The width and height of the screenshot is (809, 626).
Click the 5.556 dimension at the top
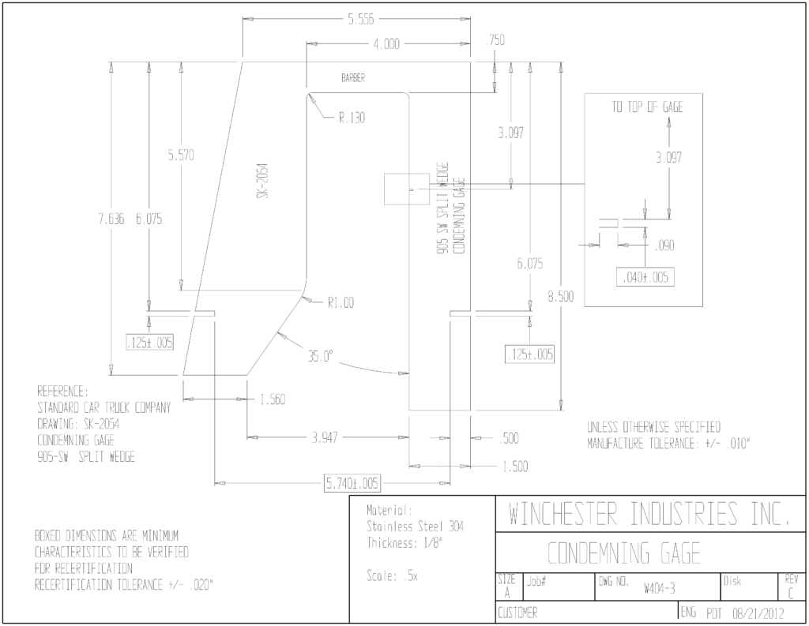pyautogui.click(x=360, y=20)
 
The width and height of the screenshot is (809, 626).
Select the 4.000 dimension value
pyautogui.click(x=386, y=44)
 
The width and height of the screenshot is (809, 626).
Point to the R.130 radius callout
pyautogui.click(x=352, y=118)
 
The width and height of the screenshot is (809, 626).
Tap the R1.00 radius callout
pyautogui.click(x=341, y=302)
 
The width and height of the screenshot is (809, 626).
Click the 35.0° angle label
pyautogui.click(x=321, y=356)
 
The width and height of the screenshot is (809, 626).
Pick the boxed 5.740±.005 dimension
pyautogui.click(x=352, y=484)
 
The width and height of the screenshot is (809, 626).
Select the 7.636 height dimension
pyautogui.click(x=111, y=219)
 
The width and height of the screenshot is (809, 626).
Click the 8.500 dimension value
pyautogui.click(x=561, y=297)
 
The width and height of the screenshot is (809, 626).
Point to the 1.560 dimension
pyautogui.click(x=273, y=399)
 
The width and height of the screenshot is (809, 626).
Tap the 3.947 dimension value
pyautogui.click(x=325, y=438)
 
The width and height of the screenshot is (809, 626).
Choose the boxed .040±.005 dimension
pyautogui.click(x=645, y=277)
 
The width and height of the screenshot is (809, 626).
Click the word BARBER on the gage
pyautogui.click(x=353, y=78)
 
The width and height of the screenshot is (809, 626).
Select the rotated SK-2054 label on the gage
pyautogui.click(x=264, y=181)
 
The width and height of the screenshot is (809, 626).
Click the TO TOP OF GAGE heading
pyautogui.click(x=648, y=107)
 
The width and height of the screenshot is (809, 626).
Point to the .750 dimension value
pyautogui.click(x=495, y=40)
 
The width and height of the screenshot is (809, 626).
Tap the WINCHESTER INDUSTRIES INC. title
pyautogui.click(x=649, y=514)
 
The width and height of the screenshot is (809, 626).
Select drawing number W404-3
pyautogui.click(x=659, y=589)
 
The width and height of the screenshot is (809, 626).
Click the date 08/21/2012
pyautogui.click(x=758, y=613)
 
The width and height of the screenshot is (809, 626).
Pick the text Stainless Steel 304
pyautogui.click(x=415, y=527)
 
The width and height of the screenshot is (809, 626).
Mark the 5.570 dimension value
pyautogui.click(x=181, y=156)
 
